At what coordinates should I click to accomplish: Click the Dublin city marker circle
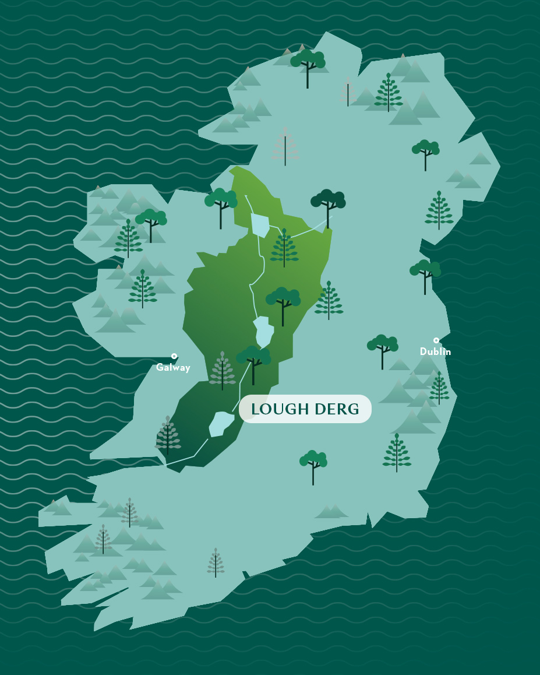[436, 340]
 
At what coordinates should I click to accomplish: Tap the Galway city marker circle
[174, 356]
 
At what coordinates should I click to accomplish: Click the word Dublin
[435, 352]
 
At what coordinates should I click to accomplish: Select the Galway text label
[173, 368]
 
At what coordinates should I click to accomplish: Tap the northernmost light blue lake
[260, 225]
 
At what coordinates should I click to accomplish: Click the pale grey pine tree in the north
[285, 146]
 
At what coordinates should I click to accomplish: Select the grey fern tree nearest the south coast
[216, 562]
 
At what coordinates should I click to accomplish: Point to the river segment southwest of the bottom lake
[192, 452]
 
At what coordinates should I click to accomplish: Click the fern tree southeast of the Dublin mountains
[397, 452]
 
